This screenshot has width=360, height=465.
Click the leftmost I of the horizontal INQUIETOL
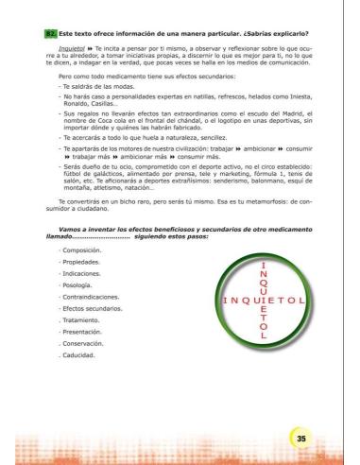[224, 301]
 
